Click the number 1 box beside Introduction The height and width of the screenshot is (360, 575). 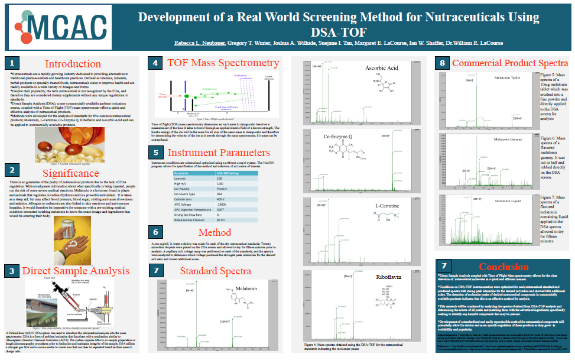(13, 63)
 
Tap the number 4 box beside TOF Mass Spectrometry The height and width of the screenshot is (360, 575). (155, 63)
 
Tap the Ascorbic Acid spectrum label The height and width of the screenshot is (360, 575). (382, 68)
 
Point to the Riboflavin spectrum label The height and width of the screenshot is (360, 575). (389, 277)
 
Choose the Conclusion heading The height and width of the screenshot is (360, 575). (504, 267)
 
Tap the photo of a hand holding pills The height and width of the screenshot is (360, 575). (72, 239)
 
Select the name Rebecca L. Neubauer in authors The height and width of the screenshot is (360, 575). (200, 43)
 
